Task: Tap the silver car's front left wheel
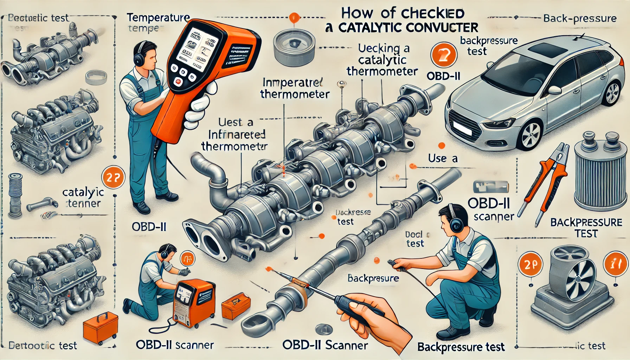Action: [x=531, y=136]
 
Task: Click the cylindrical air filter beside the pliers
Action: [x=600, y=176]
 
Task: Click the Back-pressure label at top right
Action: [x=580, y=18]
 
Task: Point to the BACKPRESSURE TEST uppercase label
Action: [x=586, y=228]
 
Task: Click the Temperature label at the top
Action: [x=158, y=18]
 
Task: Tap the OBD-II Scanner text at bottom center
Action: [x=325, y=345]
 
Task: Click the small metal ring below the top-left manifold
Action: [x=96, y=77]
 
